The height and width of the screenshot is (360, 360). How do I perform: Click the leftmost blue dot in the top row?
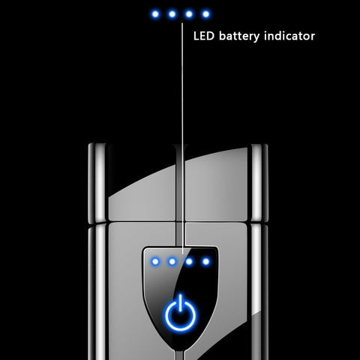pos(155,14)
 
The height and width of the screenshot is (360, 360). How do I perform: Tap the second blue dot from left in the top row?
pos(172,14)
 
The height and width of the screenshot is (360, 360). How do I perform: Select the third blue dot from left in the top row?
pos(189,14)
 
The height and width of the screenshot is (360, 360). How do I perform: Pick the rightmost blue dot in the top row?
pos(206,14)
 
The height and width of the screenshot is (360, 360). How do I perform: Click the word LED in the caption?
pos(204,36)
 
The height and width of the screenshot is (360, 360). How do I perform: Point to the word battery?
pos(239,37)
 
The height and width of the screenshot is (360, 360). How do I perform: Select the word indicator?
pos(289,36)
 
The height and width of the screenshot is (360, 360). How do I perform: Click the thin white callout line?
pos(182,138)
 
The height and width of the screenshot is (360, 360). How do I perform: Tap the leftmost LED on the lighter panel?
pos(155,262)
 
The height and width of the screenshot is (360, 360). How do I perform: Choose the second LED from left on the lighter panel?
pos(172,262)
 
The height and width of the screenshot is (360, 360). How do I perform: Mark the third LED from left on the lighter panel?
pos(189,262)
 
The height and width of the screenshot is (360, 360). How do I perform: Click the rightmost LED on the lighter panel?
pos(206,262)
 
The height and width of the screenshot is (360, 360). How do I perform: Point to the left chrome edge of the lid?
pos(98,183)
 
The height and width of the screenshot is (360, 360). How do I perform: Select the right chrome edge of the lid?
pos(258,183)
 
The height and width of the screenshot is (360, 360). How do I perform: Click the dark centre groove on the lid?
pos(179,183)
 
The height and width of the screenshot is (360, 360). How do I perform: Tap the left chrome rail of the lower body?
pos(98,292)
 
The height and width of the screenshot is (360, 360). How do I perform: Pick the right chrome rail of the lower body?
pos(257,292)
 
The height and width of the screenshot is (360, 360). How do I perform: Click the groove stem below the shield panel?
pos(180,355)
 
